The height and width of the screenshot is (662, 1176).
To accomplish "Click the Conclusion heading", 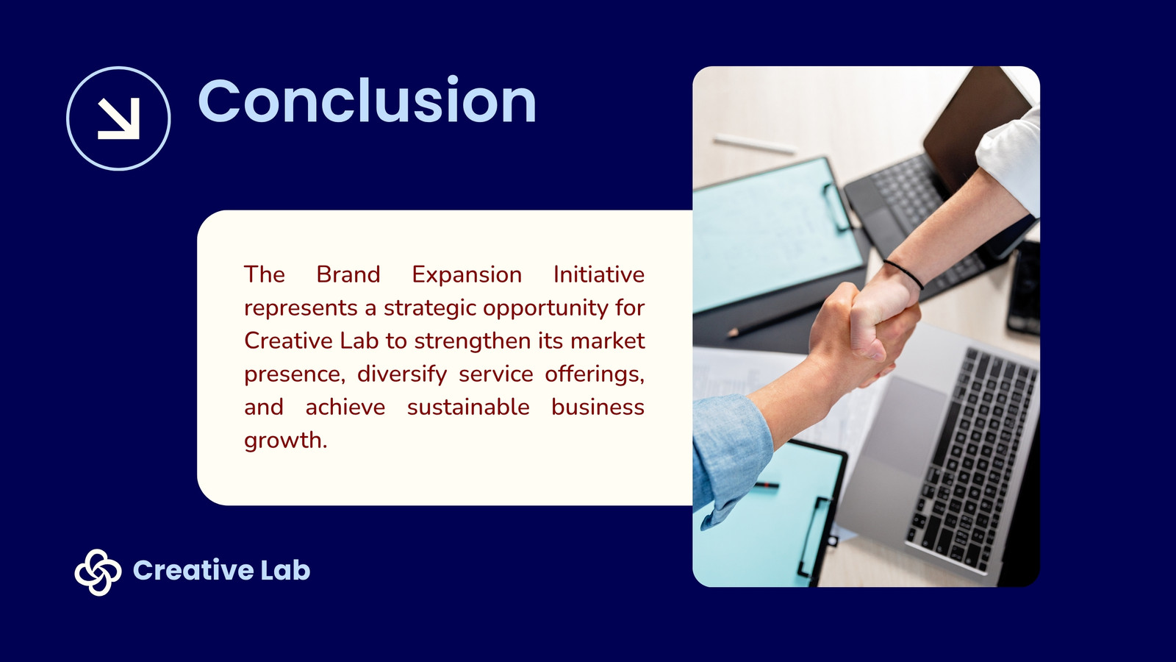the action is (367, 100).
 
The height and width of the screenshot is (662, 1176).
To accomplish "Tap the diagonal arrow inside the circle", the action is (119, 118).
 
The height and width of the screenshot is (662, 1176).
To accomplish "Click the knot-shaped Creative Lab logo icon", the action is (98, 572).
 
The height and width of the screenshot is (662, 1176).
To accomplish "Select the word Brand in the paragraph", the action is (348, 274).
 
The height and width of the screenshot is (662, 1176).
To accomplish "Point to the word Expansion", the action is (467, 275).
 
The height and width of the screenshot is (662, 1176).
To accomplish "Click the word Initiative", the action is (599, 274).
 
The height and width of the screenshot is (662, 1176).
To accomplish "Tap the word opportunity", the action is (545, 308).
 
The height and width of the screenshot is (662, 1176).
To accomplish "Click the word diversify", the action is (402, 374).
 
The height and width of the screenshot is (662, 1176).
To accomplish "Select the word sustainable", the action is (468, 407).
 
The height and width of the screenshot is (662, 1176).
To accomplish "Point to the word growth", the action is (286, 441).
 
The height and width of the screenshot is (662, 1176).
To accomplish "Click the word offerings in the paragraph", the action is (595, 374).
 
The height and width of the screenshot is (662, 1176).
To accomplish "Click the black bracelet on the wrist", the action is (904, 273).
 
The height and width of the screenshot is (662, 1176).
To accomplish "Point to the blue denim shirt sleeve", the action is (730, 457).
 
